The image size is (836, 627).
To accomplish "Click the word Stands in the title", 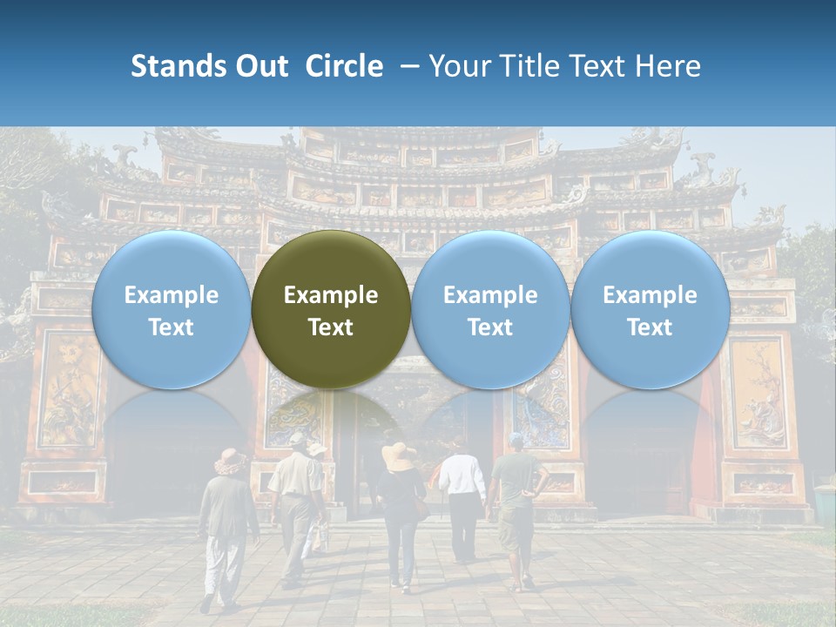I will point(178,66).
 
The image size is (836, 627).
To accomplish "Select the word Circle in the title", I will point(344,66).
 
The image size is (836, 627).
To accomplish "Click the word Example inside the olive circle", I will point(331,295).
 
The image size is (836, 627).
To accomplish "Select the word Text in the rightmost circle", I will point(650,327).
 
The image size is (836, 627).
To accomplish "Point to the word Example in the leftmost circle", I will point(171,295).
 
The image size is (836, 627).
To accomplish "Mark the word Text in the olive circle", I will point(331,327).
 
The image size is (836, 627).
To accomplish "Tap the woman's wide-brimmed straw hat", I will point(399,455).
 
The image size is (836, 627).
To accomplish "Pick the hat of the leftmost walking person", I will point(230,460).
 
